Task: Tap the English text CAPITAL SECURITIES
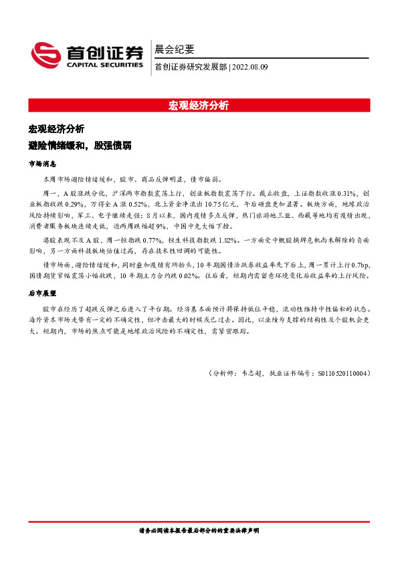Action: tap(104, 66)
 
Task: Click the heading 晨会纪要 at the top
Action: tap(175, 49)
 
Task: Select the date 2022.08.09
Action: tap(249, 66)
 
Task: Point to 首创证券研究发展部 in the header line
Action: tap(191, 66)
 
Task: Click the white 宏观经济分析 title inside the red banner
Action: tap(199, 106)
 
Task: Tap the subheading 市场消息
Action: tap(42, 164)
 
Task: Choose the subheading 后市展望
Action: tap(42, 293)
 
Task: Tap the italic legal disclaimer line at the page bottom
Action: tap(199, 530)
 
